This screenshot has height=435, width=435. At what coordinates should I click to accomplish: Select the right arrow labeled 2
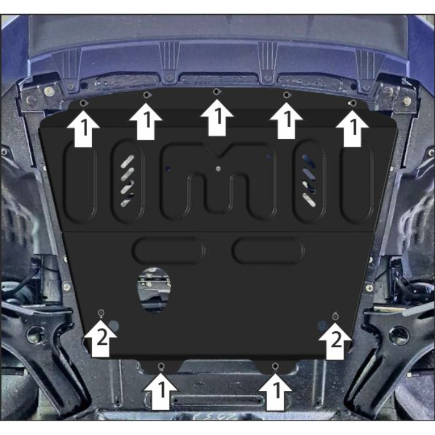pos(335,341)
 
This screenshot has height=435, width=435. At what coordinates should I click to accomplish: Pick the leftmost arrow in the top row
pos(83,129)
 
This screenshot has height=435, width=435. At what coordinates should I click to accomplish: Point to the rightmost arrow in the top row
pos(352,129)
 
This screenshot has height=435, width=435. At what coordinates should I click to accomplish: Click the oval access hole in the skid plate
pos(154,290)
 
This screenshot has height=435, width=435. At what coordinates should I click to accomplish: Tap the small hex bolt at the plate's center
pos(218,168)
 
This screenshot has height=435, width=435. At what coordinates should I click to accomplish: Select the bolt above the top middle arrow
pos(216,91)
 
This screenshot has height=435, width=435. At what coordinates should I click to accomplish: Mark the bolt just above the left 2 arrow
pos(101,313)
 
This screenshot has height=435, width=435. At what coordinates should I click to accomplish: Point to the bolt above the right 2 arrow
pos(335,316)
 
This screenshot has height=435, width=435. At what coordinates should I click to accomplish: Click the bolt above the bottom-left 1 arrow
pos(161,367)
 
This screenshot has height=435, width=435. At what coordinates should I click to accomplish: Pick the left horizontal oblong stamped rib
pos(168,250)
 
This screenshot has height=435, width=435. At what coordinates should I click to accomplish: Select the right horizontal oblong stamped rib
pos(268,250)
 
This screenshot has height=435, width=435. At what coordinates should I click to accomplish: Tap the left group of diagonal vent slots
pos(127,181)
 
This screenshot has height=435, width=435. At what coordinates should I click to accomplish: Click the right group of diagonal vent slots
pos(309,181)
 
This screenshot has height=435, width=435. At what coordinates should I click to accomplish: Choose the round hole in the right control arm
pos(398,335)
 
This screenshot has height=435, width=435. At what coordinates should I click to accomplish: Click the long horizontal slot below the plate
pos(217,400)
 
